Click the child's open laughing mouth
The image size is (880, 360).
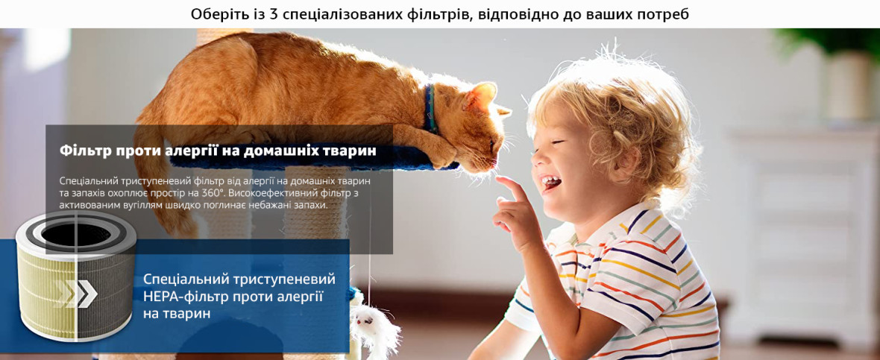550,183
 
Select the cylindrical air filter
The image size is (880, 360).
76,275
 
